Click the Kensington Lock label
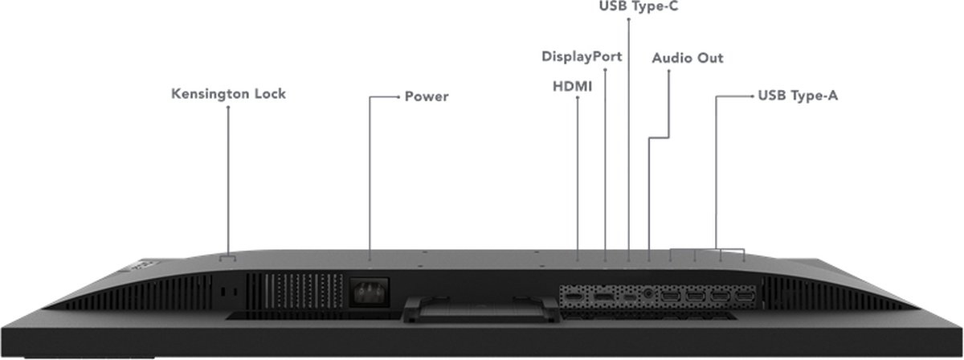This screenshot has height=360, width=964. coord(228,94)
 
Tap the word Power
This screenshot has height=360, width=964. coord(427,96)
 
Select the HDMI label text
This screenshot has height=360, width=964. coord(572,87)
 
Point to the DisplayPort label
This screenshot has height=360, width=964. coord(582,56)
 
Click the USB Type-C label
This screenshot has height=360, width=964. coord(639,6)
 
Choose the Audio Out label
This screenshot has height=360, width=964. coord(688,58)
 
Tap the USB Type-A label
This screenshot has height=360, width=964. coord(798,95)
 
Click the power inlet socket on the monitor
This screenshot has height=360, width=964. coord(370,292)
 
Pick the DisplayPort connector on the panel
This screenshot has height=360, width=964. coord(603,297)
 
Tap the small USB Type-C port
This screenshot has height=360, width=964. coord(630,297)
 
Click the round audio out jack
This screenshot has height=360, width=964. coord(648,295)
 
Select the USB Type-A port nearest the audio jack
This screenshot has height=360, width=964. coord(671,297)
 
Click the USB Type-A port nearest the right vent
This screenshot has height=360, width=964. coord(745,297)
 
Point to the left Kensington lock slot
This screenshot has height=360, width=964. coord(223,292)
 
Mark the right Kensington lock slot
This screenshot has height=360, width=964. coord(235,292)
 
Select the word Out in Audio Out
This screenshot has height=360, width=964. coord(710,58)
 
